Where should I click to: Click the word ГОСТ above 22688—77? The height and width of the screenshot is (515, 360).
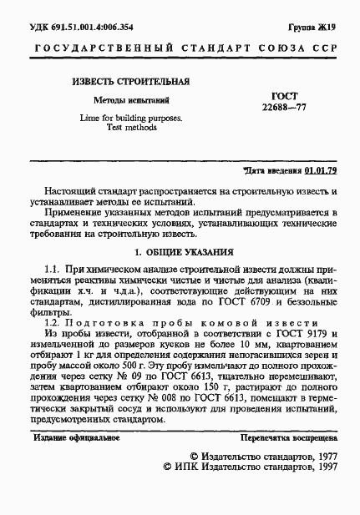(x=286, y=96)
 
